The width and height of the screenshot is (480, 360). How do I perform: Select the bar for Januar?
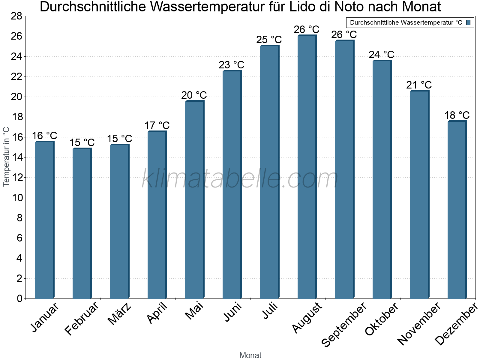(x=44, y=220)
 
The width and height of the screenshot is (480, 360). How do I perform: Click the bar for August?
(x=307, y=167)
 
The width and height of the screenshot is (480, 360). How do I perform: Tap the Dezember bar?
(x=457, y=210)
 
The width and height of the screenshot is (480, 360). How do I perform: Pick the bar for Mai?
(x=194, y=200)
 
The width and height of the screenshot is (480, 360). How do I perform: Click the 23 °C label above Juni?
(x=231, y=65)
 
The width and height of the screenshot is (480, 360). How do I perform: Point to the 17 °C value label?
(x=157, y=125)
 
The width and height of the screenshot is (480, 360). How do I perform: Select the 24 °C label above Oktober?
(x=381, y=55)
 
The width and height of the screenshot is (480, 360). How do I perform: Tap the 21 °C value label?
(x=419, y=85)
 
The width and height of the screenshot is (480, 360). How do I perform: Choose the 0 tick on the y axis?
(x=19, y=298)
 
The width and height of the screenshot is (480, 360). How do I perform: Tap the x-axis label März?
(x=119, y=314)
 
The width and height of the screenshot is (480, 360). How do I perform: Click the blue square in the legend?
(x=468, y=22)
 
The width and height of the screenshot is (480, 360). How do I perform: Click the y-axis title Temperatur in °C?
(x=6, y=157)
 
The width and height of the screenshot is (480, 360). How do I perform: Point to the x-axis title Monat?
(x=250, y=355)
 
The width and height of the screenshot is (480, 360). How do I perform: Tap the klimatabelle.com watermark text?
(x=240, y=179)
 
